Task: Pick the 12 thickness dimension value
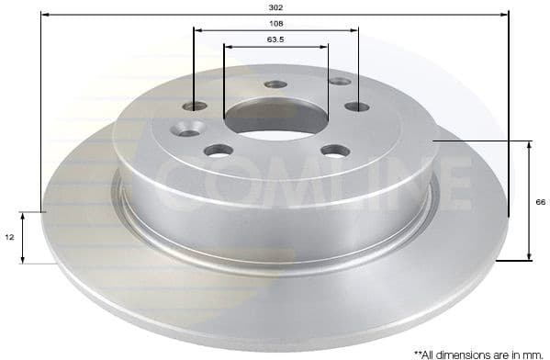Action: click(x=10, y=237)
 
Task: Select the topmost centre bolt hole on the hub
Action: click(x=275, y=84)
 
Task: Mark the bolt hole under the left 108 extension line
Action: click(x=195, y=106)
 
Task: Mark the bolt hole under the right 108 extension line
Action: click(x=357, y=107)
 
